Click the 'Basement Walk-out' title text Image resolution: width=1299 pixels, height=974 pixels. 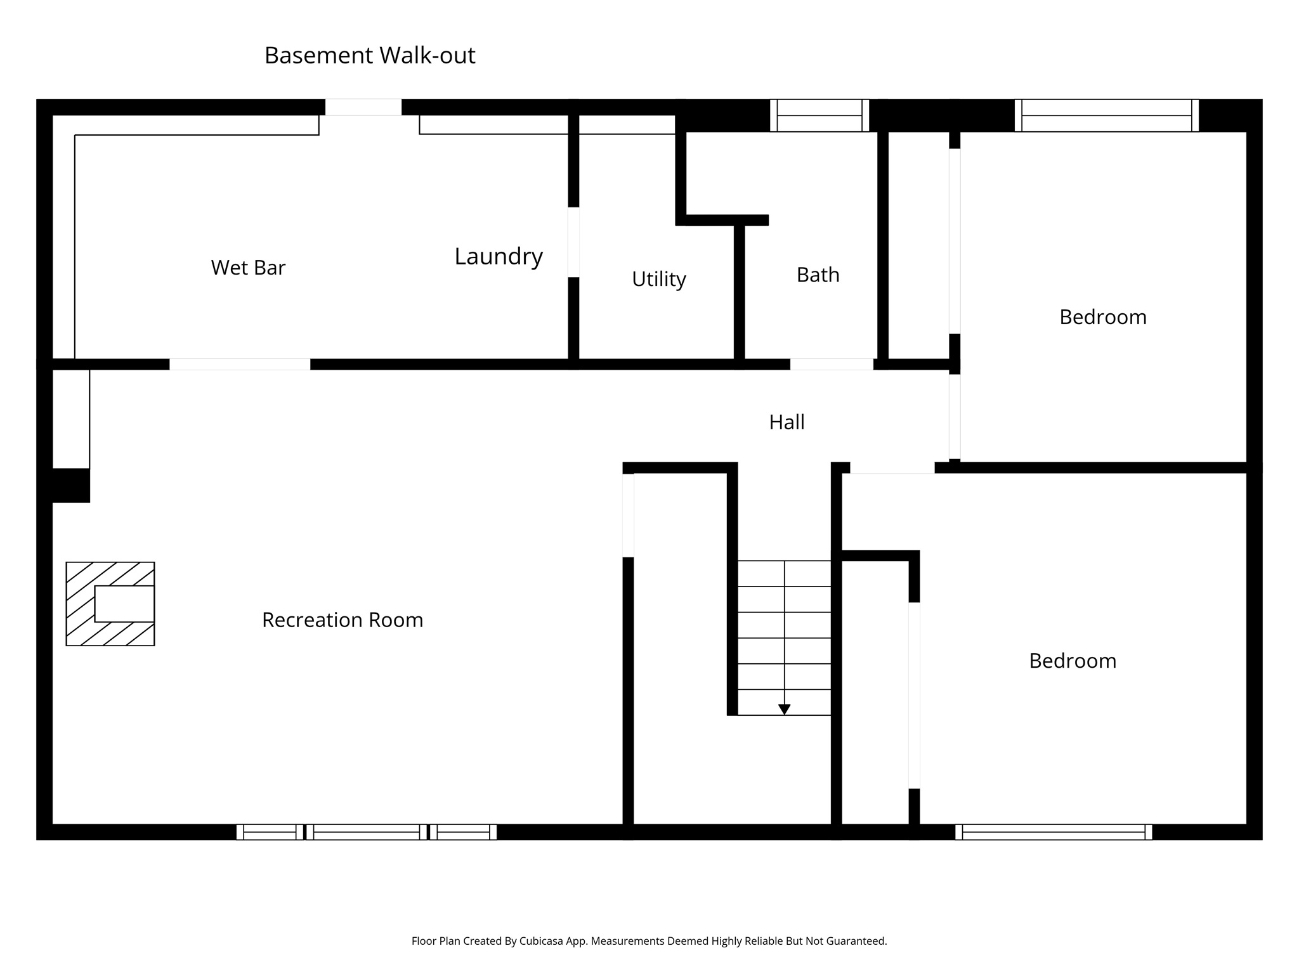click(370, 56)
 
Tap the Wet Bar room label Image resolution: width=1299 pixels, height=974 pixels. click(248, 268)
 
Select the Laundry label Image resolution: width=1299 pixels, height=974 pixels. click(499, 256)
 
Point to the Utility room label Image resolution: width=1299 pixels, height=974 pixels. click(658, 279)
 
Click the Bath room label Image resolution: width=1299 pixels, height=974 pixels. click(818, 275)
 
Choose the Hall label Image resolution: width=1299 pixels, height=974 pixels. click(787, 422)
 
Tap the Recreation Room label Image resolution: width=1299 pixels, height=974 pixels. click(343, 620)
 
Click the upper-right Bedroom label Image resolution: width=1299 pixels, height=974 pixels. click(1103, 317)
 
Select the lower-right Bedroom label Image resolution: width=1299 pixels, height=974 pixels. click(1073, 661)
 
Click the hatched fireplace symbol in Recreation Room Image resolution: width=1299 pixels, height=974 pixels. click(110, 604)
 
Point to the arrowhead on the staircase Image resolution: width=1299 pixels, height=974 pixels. click(784, 710)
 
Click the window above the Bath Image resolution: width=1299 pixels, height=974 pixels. click(819, 115)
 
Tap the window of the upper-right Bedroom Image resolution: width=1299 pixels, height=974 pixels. click(1106, 115)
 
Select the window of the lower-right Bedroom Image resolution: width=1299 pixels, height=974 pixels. click(1054, 832)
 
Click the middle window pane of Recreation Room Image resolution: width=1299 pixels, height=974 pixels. click(367, 832)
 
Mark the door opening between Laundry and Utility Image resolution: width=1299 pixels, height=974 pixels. click(573, 242)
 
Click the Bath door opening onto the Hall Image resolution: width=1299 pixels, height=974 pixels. click(831, 364)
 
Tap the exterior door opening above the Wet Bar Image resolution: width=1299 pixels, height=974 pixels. click(363, 107)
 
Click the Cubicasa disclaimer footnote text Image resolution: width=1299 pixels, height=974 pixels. click(649, 941)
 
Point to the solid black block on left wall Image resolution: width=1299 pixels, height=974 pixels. click(70, 485)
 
